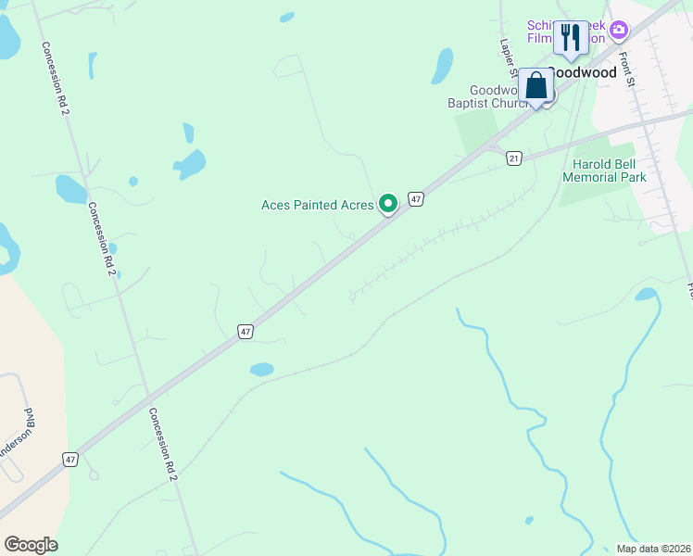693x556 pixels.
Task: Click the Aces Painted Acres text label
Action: (317, 205)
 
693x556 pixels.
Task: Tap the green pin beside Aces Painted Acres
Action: (389, 203)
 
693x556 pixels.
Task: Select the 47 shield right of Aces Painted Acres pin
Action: (416, 199)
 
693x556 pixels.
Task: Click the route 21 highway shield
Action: (513, 158)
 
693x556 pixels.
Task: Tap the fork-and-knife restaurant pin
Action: (571, 38)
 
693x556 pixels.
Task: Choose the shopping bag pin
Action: (535, 86)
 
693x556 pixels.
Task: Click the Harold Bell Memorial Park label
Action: (603, 170)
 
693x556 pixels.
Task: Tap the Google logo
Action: (31, 545)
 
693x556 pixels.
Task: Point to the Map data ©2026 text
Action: (654, 549)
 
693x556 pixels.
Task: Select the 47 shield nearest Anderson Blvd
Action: (69, 459)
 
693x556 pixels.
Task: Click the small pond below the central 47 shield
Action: (262, 370)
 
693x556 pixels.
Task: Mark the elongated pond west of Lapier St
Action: (442, 67)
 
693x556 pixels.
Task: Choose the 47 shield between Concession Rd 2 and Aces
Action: (245, 331)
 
